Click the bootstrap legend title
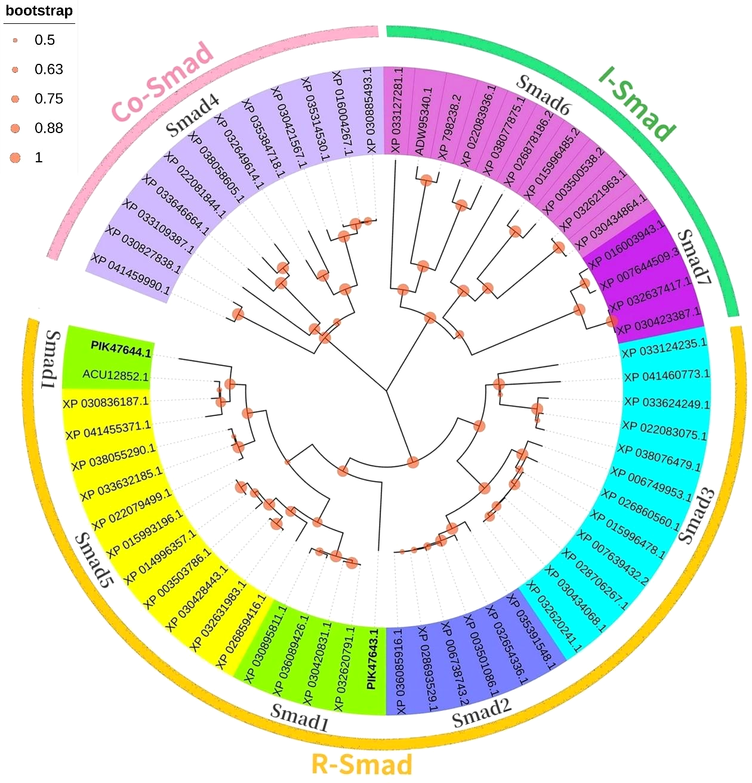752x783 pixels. pyautogui.click(x=39, y=11)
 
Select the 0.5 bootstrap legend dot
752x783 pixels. pyautogui.click(x=16, y=41)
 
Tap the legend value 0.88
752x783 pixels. pyautogui.click(x=48, y=128)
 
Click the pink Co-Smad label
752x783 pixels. pyautogui.click(x=163, y=82)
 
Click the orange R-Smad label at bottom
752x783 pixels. pyautogui.click(x=362, y=764)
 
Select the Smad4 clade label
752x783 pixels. pyautogui.click(x=192, y=116)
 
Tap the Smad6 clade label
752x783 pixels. pyautogui.click(x=543, y=95)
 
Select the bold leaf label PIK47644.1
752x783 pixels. pyautogui.click(x=121, y=349)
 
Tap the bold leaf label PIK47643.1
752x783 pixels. pyautogui.click(x=372, y=659)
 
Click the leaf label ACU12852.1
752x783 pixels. pyautogui.click(x=115, y=375)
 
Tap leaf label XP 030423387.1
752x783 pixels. pyautogui.click(x=659, y=320)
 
